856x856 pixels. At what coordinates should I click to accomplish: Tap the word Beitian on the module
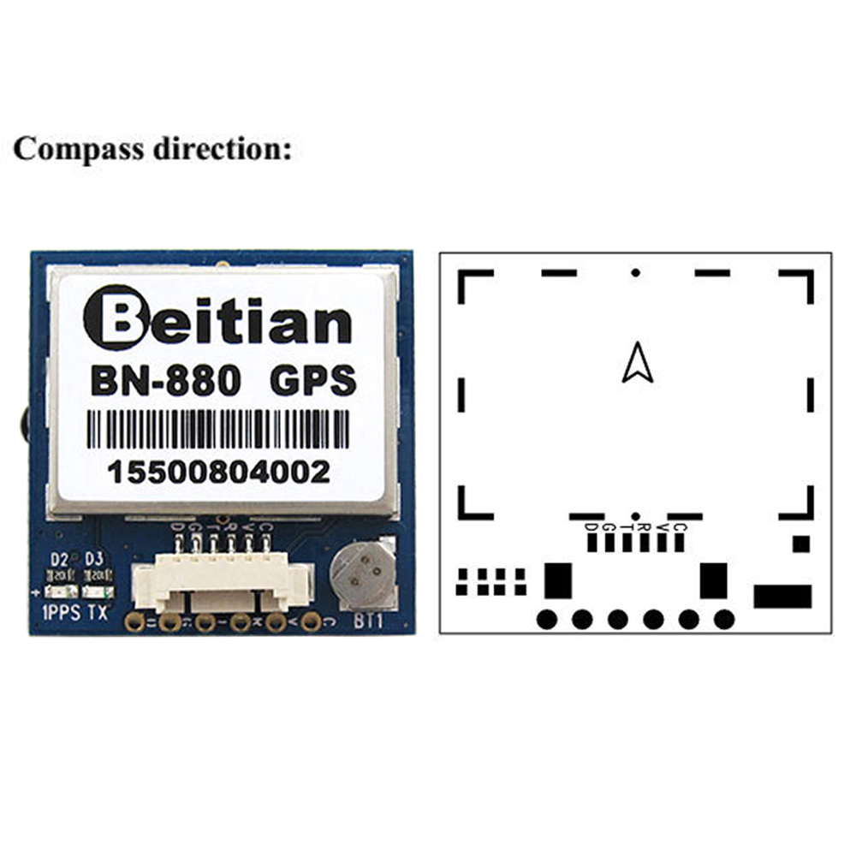(217, 322)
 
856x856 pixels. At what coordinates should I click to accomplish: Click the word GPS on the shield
(312, 381)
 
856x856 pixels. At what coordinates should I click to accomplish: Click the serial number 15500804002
(218, 472)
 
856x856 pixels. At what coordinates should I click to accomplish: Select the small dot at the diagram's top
(635, 272)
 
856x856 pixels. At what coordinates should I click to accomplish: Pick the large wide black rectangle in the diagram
(782, 596)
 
